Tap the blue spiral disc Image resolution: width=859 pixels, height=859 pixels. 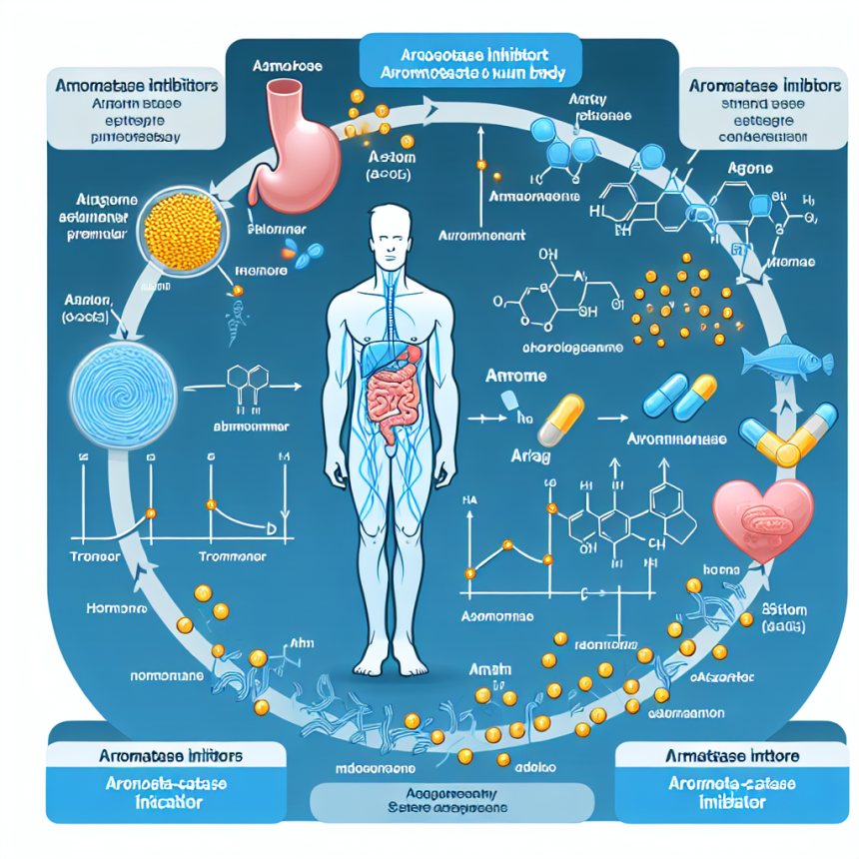point(125,381)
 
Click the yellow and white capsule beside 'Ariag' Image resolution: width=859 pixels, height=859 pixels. point(559,419)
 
